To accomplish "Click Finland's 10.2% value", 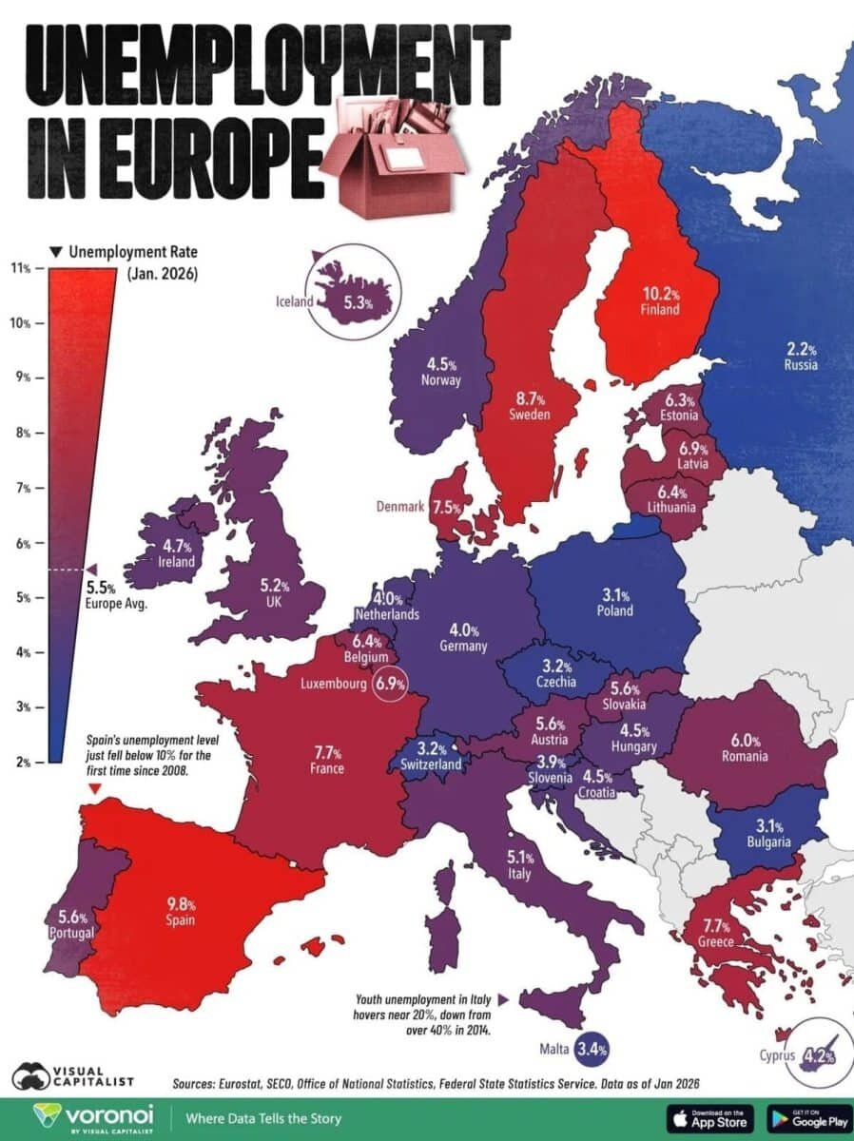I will tap(659, 294).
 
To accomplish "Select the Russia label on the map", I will tap(801, 364).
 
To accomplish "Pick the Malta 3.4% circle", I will tap(590, 1050).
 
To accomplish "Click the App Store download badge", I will tap(710, 1117).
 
